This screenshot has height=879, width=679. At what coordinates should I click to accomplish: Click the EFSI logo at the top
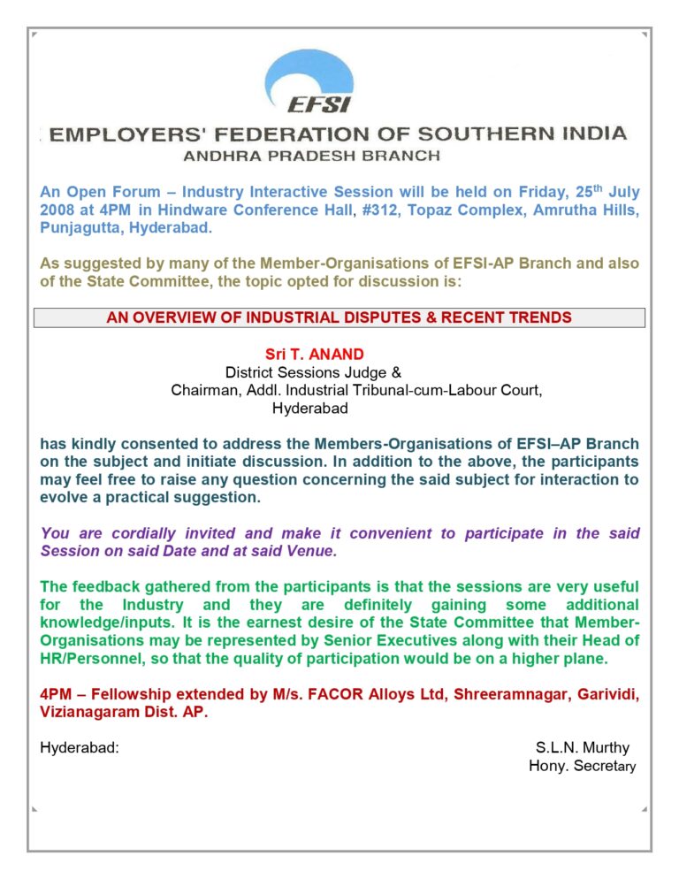[319, 82]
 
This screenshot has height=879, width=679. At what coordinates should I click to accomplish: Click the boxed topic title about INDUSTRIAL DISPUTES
[339, 317]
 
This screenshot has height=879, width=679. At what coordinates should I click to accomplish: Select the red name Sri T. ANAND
[314, 355]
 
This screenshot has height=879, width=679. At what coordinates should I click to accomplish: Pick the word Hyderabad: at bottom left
[80, 748]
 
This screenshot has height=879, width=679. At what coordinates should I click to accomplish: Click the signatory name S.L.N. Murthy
[583, 748]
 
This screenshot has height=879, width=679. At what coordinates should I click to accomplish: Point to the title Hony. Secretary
[582, 766]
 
